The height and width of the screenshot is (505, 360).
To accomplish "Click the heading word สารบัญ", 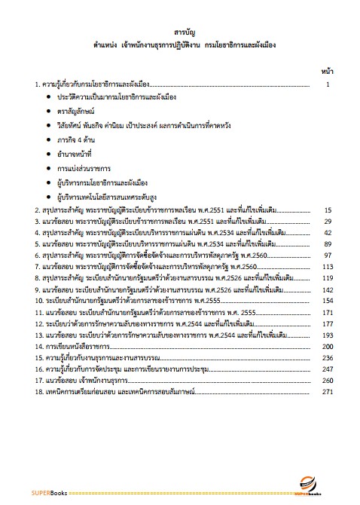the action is [x=181, y=32].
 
